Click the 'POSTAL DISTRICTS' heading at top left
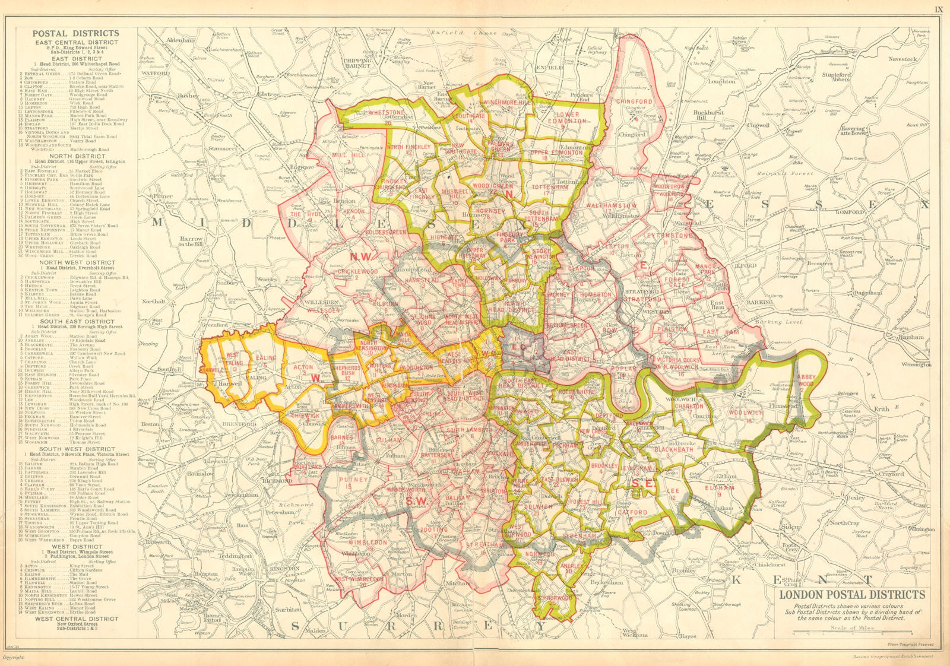(75, 34)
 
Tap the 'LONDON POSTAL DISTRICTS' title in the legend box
(851, 594)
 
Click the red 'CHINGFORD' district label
(634, 102)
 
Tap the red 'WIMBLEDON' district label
(368, 542)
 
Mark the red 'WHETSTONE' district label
(386, 112)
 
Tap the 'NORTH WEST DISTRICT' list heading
(77, 262)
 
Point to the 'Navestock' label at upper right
(902, 59)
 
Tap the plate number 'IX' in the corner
(938, 9)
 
